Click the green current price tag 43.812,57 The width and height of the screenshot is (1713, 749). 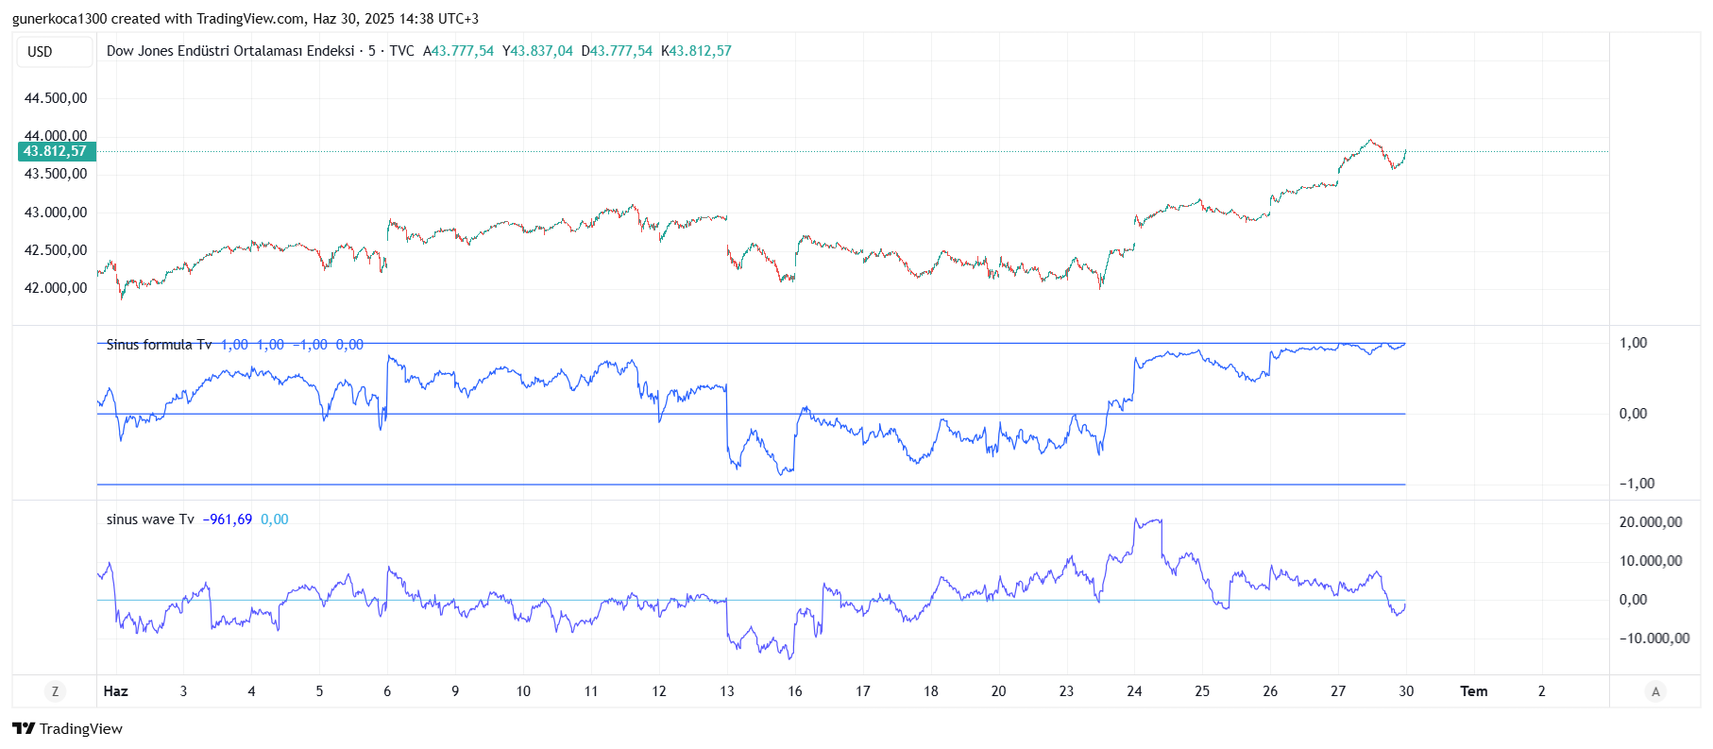(56, 151)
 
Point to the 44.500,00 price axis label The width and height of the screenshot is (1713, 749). (56, 98)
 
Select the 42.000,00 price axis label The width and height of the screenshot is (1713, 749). (56, 288)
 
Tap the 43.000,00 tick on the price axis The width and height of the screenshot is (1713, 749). (56, 213)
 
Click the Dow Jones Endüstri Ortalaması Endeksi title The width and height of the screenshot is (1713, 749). (230, 51)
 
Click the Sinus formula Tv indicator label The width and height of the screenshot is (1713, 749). (159, 345)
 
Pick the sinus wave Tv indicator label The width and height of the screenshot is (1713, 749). (150, 519)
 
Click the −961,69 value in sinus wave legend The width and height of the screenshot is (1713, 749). (228, 519)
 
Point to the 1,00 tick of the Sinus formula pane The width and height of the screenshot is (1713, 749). (1633, 343)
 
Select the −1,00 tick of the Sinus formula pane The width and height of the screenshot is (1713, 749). (1637, 484)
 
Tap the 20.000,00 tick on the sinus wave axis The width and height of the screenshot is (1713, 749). (1650, 522)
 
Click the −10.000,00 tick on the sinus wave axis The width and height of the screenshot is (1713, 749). (1654, 638)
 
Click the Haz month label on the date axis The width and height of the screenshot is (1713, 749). (115, 691)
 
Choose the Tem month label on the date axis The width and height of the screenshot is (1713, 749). (1473, 691)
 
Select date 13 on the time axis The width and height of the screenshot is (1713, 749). (726, 691)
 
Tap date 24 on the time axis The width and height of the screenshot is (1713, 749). (1134, 691)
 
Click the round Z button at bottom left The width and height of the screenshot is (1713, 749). (55, 691)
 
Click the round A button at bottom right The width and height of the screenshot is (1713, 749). (1654, 691)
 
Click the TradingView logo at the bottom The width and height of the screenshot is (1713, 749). (68, 729)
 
